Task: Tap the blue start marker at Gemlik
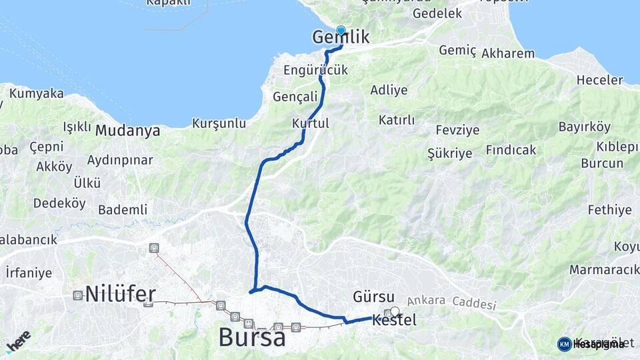(341, 30)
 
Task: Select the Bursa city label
(252, 338)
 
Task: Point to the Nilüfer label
(121, 294)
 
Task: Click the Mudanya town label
(127, 131)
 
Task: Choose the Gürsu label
(373, 296)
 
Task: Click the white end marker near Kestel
(395, 311)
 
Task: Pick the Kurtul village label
(311, 123)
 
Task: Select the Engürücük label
(315, 70)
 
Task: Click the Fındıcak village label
(511, 150)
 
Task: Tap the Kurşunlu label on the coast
(219, 123)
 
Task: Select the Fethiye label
(609, 210)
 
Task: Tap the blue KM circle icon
(564, 344)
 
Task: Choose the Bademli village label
(123, 209)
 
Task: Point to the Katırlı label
(397, 120)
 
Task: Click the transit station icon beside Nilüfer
(78, 295)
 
